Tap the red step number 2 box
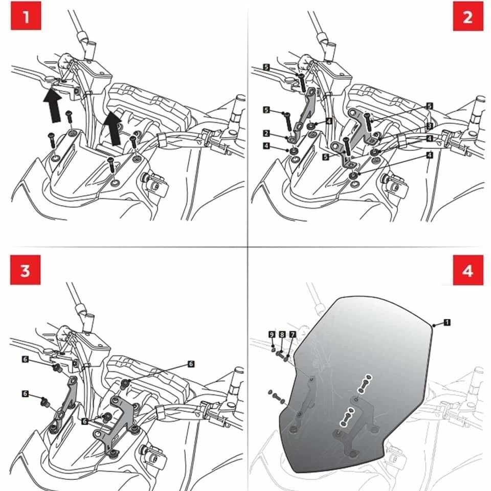point(467,18)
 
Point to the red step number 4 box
point(467,271)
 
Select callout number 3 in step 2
point(430,126)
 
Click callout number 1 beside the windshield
point(447,322)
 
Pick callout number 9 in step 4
point(272,334)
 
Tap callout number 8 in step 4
point(282,334)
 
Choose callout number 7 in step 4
point(292,334)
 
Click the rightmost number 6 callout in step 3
point(191,364)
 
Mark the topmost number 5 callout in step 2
point(266,67)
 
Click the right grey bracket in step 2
point(361,128)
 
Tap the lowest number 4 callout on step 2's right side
point(430,154)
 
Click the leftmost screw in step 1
point(52,139)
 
